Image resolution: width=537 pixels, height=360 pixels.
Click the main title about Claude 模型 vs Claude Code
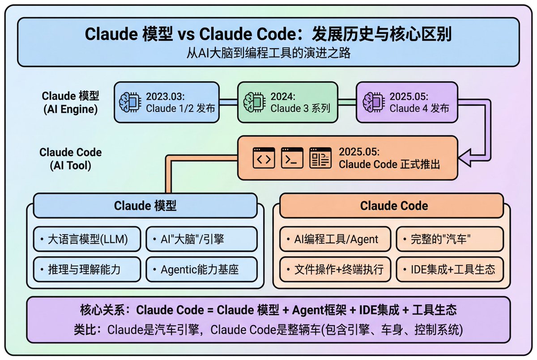(268, 35)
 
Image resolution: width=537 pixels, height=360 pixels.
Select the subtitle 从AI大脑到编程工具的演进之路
(268, 53)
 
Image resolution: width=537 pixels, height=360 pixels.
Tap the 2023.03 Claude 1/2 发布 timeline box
(166, 102)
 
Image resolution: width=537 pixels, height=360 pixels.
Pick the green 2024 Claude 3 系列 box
(287, 102)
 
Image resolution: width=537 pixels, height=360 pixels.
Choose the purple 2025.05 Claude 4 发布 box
(408, 102)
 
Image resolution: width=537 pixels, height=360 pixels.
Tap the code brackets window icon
(264, 158)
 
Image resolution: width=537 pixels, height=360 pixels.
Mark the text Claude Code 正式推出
(389, 164)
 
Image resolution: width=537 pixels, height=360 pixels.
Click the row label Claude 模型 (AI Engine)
(70, 102)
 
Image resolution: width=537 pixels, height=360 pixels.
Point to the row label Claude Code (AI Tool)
(70, 158)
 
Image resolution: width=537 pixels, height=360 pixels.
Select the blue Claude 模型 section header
(145, 206)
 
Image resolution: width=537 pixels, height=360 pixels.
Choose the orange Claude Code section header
(394, 206)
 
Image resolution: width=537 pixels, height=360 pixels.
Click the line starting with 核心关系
(268, 310)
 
